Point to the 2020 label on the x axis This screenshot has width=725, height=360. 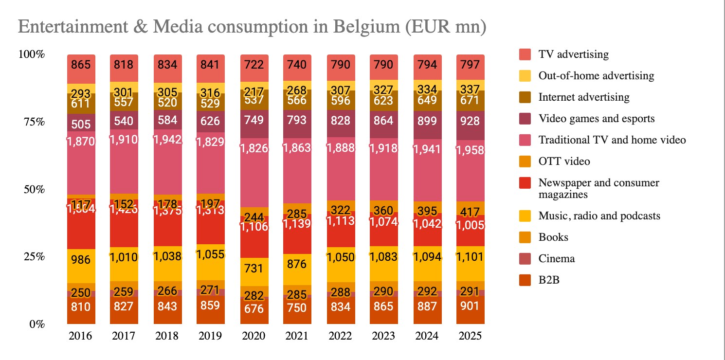pos(254,336)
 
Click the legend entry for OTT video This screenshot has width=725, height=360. pos(564,161)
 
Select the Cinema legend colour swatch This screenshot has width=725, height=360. pos(525,259)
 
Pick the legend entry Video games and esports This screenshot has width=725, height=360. pos(597,119)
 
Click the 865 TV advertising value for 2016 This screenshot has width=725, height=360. pos(81,64)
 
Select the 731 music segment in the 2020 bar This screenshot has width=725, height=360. pos(254,269)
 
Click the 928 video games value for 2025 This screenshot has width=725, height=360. pos(470,121)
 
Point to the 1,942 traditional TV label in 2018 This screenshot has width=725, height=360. pos(167,140)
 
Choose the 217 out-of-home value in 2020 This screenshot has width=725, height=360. pos(254,91)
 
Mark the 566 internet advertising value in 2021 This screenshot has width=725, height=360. pos(297,100)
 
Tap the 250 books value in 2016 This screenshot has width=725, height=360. pos(81,293)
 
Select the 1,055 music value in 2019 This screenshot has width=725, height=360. pos(211,254)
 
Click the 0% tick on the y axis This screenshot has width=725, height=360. pos(35,324)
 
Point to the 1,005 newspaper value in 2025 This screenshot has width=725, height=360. pos(470,225)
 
